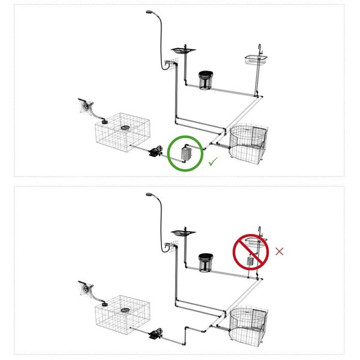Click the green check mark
click(212, 161)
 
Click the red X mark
click(280, 251)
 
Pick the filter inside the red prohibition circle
click(251, 260)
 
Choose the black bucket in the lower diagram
click(206, 262)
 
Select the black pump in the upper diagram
click(157, 151)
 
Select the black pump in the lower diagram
click(157, 332)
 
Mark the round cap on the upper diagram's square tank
click(125, 127)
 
